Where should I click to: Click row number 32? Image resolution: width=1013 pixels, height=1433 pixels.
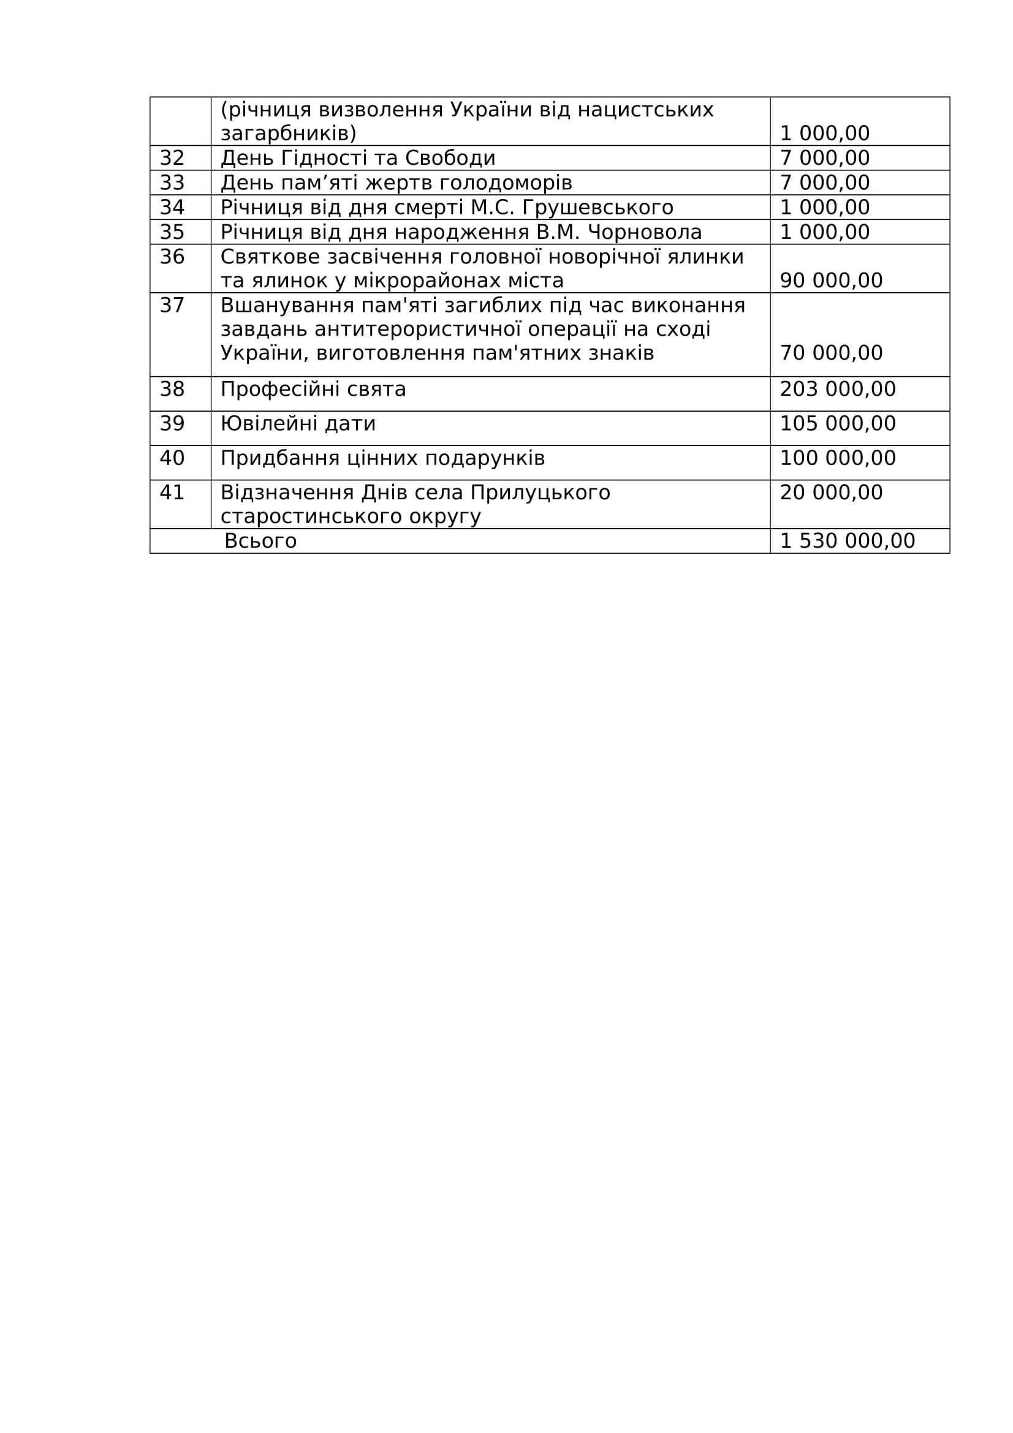point(172,158)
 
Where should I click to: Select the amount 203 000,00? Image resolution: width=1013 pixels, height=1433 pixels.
point(838,390)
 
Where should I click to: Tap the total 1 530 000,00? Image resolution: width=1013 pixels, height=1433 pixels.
point(847,540)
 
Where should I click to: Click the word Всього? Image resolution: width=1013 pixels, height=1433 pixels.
point(260,540)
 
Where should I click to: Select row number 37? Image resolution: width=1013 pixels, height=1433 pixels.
point(172,305)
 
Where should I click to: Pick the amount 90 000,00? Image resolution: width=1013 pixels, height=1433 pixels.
point(831,281)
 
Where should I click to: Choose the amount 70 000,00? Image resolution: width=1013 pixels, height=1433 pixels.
point(831,354)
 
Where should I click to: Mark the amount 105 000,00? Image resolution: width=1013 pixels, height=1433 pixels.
point(838,424)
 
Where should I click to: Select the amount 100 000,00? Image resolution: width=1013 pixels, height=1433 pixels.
point(838,458)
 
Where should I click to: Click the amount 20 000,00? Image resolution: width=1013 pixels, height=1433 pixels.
point(831,493)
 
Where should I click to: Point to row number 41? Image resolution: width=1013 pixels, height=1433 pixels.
point(172,493)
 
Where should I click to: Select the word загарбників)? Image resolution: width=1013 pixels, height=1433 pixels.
point(289,134)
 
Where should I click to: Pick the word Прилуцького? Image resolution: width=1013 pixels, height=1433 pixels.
point(540,493)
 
